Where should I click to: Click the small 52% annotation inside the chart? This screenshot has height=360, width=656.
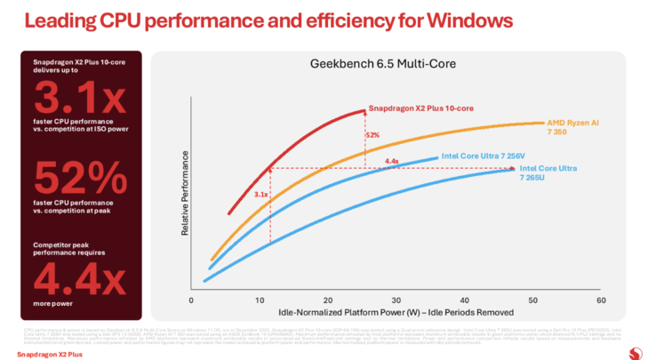(x=372, y=135)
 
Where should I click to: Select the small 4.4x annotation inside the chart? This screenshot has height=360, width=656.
(x=391, y=161)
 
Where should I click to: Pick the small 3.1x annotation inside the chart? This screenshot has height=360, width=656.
(x=260, y=193)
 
